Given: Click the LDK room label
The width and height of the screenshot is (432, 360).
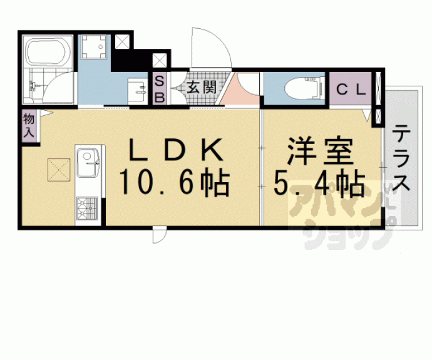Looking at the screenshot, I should (175, 150).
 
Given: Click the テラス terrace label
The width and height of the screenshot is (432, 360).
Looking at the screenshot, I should (402, 160).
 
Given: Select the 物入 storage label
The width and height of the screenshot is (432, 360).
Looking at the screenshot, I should (29, 125).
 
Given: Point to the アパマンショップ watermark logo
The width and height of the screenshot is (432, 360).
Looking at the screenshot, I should (341, 216).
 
